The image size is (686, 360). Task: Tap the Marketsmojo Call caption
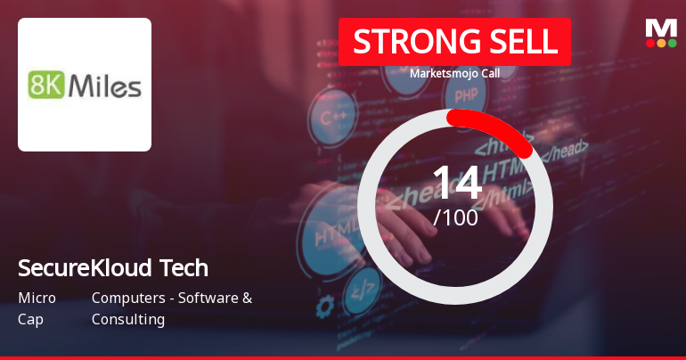(x=454, y=73)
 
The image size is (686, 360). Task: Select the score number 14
(x=456, y=183)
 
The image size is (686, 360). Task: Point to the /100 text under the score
(x=455, y=217)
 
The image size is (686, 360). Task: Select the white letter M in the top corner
(x=660, y=28)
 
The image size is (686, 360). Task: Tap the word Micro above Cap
(x=37, y=298)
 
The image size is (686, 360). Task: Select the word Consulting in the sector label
(x=128, y=319)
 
